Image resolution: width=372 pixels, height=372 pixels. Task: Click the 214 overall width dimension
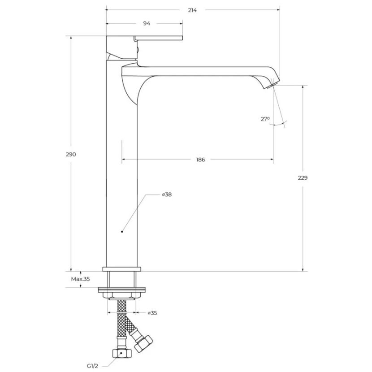coord(192,10)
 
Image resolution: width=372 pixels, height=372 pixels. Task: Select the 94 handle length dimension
coord(147,23)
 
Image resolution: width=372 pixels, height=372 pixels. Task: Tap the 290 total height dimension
coord(71,155)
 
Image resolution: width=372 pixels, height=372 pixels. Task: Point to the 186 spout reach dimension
coord(200,160)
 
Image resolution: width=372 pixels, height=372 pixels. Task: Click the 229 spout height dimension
coord(303,177)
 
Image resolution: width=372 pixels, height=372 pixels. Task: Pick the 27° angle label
coord(265,119)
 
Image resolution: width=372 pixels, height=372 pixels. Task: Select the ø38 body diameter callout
coord(167,195)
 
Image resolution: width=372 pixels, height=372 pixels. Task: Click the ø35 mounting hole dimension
coord(152,313)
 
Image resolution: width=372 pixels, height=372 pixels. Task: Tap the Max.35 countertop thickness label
coord(80,279)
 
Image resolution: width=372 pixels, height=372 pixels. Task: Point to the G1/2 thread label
coord(92,366)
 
